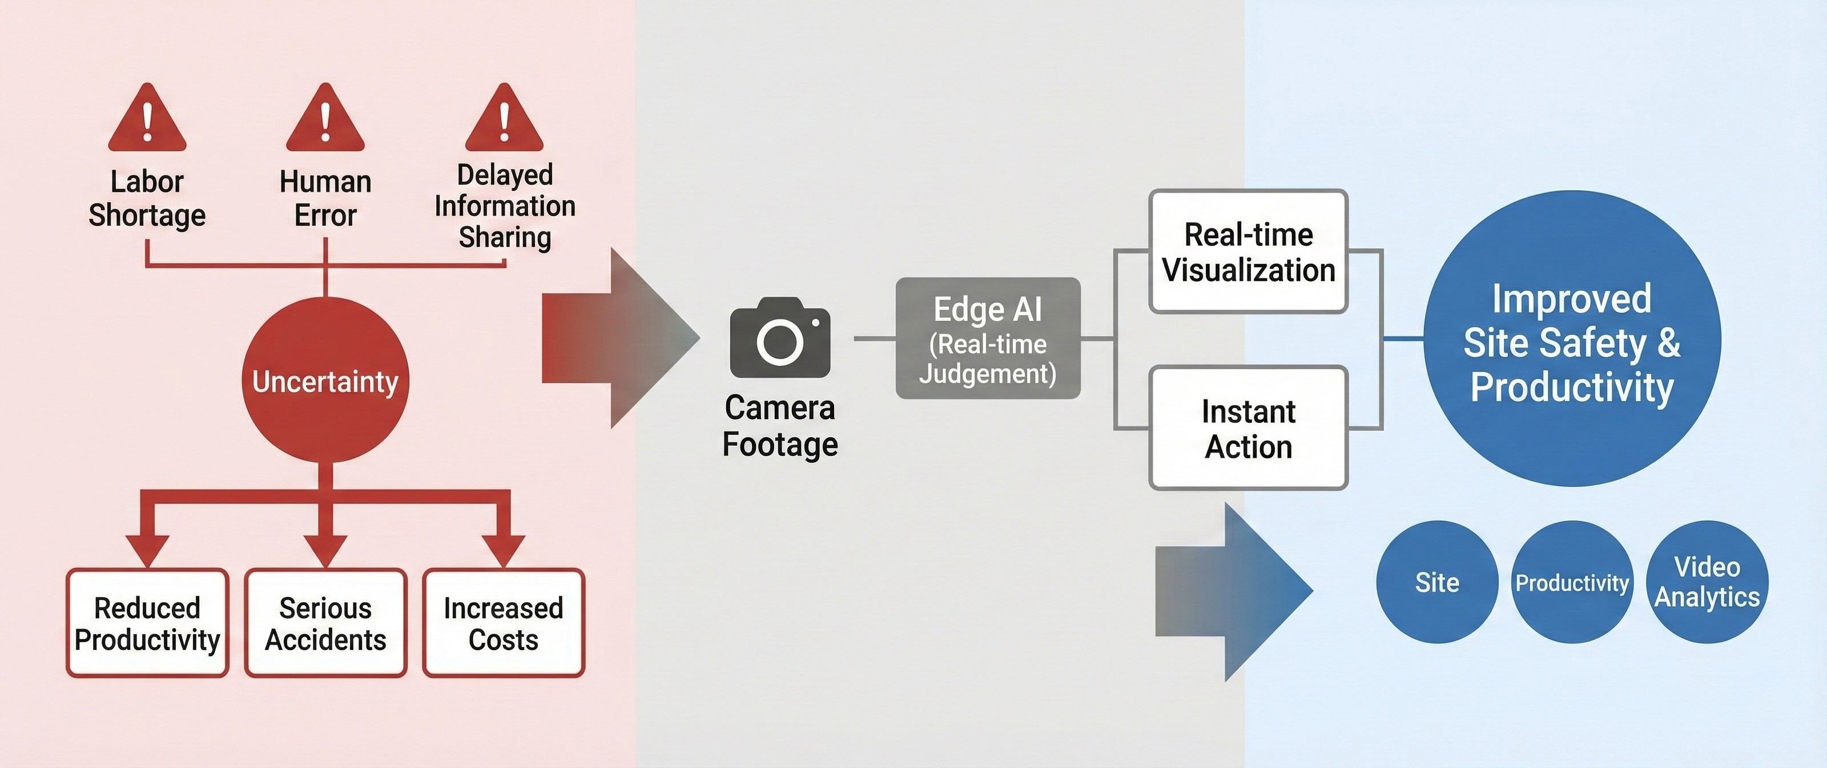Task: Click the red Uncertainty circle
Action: [325, 381]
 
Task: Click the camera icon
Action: [779, 338]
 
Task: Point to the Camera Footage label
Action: [779, 426]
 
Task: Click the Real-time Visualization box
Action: [1248, 252]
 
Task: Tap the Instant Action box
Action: [1248, 428]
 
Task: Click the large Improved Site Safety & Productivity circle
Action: [1572, 339]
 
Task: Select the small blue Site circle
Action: [1437, 582]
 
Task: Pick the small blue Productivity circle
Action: [1572, 582]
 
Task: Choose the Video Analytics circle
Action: [1707, 582]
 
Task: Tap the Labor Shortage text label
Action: [147, 198]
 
